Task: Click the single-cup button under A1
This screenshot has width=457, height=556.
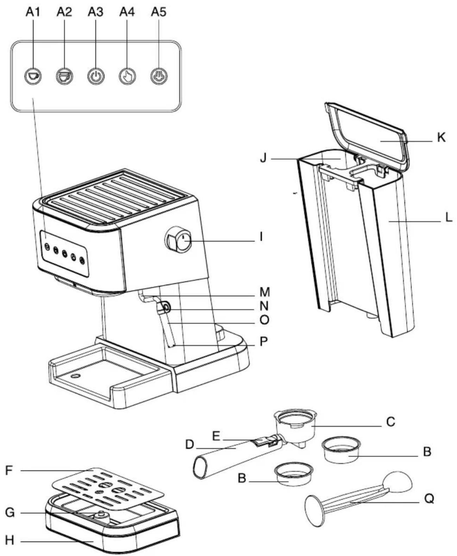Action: [x=33, y=76]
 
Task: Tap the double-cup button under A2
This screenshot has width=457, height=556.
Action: [x=64, y=76]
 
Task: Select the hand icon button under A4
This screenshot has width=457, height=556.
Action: [x=127, y=76]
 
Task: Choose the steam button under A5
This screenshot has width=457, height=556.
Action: [x=159, y=76]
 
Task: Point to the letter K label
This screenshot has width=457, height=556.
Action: [x=441, y=138]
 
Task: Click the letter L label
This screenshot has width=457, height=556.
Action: [x=448, y=218]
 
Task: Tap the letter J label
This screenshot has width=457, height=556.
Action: [x=264, y=159]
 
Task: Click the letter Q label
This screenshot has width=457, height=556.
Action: [x=429, y=499]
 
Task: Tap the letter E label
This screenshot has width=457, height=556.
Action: [x=216, y=436]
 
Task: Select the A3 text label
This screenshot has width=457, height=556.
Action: [x=96, y=12]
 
